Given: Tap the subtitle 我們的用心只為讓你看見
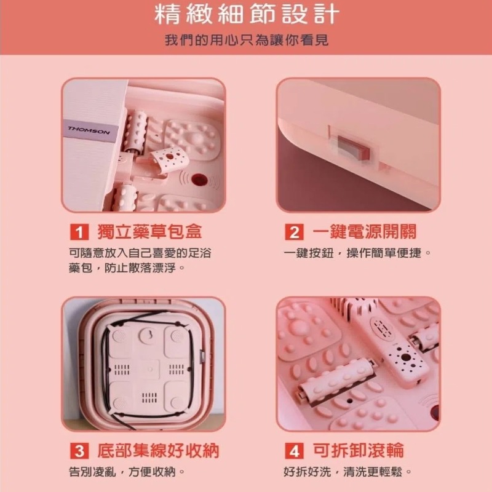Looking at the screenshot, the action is tap(247, 40).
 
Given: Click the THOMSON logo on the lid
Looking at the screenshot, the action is tap(89, 130).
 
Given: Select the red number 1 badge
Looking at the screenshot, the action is tap(79, 232).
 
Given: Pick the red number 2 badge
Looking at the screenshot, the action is tap(294, 232).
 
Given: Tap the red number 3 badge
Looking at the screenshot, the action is tap(79, 451).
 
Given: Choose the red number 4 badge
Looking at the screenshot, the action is tap(294, 451).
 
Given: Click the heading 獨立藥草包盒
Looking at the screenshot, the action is tap(149, 232).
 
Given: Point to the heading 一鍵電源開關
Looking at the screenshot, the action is tap(364, 232).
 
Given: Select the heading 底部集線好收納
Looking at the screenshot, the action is tap(158, 451).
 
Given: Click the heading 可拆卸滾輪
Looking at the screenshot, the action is tap(358, 451).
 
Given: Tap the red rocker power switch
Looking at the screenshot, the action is tap(353, 147).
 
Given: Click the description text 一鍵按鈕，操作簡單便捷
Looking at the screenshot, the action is tap(357, 253).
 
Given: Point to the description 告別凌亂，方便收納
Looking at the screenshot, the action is tap(126, 472).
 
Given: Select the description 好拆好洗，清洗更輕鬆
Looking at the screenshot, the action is tap(347, 472).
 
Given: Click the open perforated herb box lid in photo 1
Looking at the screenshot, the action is tap(168, 160).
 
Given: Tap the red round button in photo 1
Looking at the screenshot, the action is tap(199, 180).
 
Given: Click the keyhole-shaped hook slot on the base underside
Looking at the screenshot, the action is tap(149, 335).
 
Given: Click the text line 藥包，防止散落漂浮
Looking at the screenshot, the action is tap(126, 268).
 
